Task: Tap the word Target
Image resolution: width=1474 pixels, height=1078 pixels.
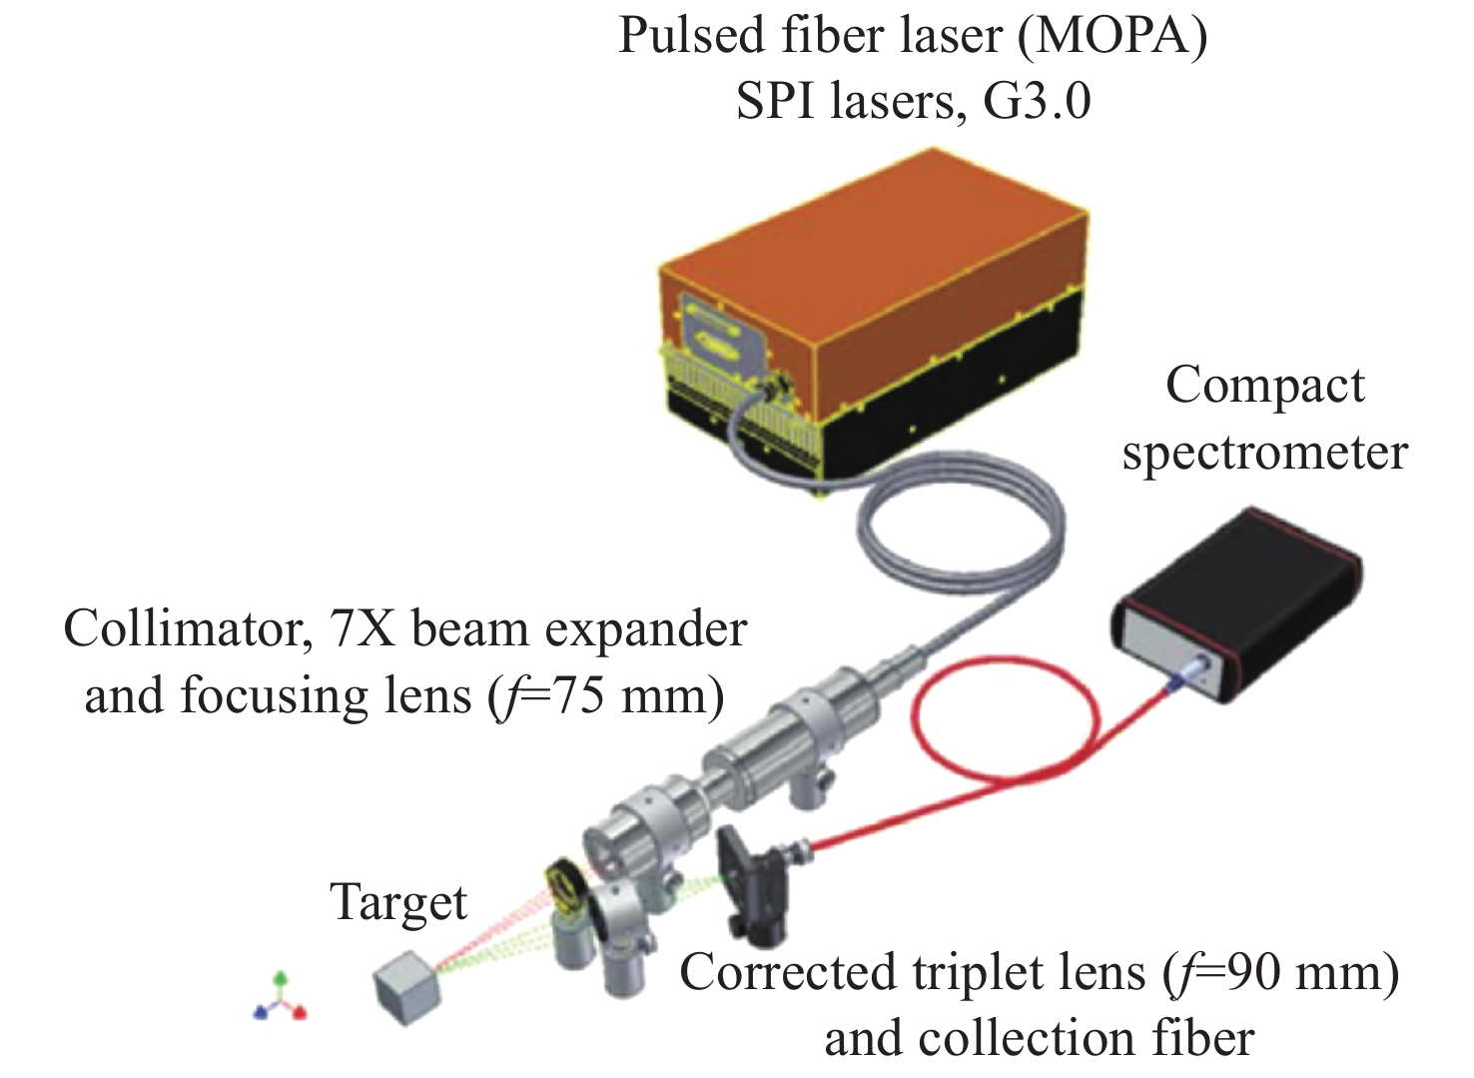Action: click(398, 902)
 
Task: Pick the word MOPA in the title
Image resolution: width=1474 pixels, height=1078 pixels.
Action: click(1108, 36)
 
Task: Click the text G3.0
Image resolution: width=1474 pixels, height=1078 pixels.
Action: click(1037, 101)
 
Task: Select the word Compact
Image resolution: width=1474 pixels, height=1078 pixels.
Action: click(1264, 386)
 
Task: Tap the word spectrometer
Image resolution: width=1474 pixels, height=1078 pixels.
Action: click(1264, 453)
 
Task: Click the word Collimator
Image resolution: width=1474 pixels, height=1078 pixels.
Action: click(183, 629)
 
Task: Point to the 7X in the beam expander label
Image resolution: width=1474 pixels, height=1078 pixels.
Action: click(365, 629)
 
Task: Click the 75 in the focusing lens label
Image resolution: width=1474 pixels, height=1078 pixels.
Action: click(579, 695)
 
